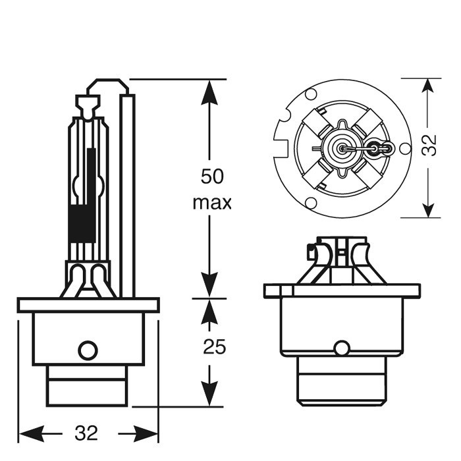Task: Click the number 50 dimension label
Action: click(x=212, y=176)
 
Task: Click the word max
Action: click(x=212, y=202)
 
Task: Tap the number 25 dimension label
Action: click(x=214, y=346)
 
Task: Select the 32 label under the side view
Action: click(x=86, y=433)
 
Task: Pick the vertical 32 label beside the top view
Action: click(x=429, y=145)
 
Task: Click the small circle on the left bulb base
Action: click(x=88, y=350)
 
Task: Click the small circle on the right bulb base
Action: click(x=341, y=348)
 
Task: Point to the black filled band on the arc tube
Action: click(x=82, y=223)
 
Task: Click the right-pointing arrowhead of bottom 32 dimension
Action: click(x=146, y=434)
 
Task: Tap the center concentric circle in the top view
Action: click(x=342, y=148)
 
